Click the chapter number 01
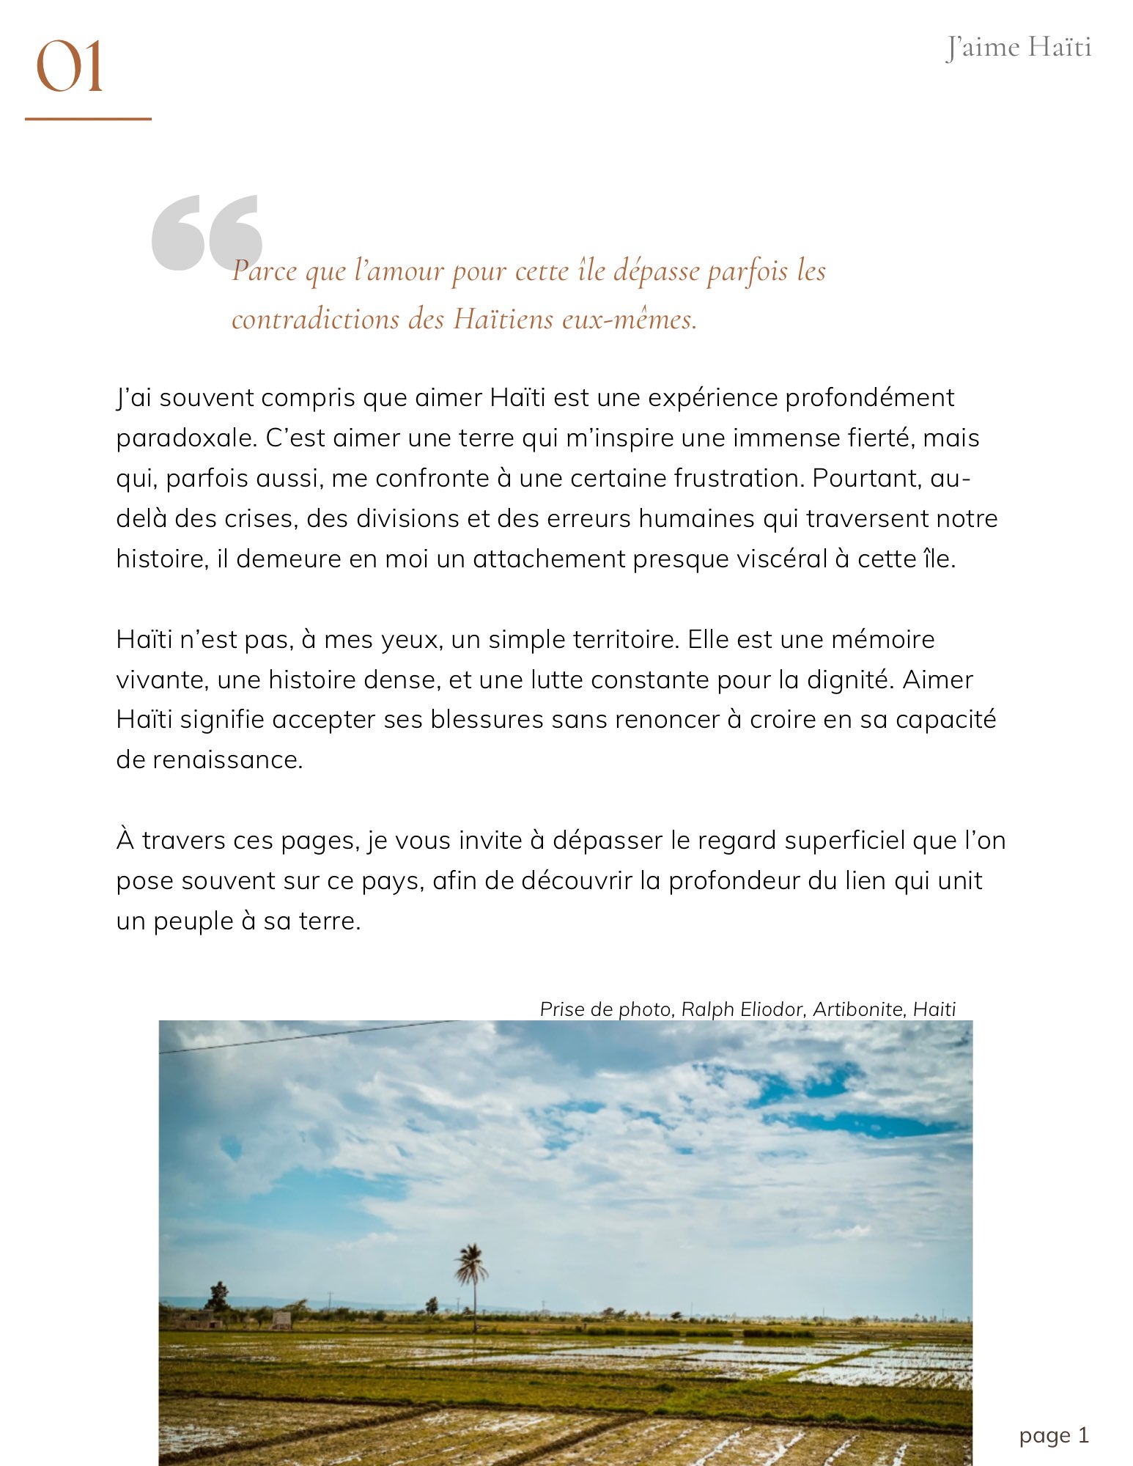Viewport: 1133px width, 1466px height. click(x=70, y=67)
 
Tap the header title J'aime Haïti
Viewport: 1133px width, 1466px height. click(x=1018, y=48)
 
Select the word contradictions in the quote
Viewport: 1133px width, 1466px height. click(x=316, y=319)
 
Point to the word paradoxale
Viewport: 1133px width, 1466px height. click(x=185, y=438)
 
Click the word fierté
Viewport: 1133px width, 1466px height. click(x=881, y=438)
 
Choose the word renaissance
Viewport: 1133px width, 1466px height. click(x=227, y=760)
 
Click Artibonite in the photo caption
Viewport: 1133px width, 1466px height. click(x=858, y=1009)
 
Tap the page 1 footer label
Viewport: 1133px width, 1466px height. click(x=1053, y=1435)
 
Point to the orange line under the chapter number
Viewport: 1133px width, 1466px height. click(x=88, y=119)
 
